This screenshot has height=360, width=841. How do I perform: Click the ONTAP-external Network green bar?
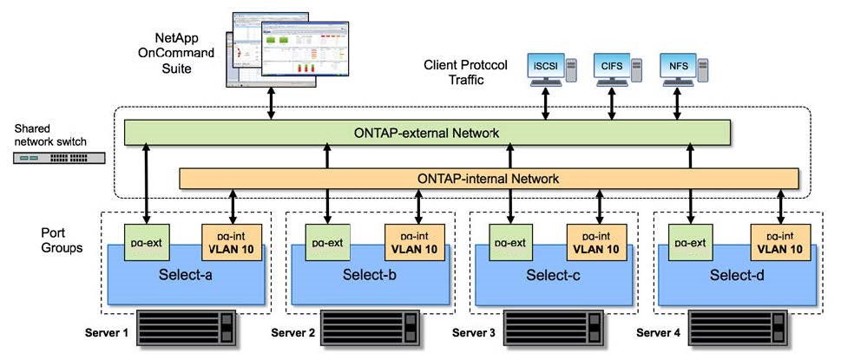(426, 133)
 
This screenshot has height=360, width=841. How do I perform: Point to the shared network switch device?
(60, 158)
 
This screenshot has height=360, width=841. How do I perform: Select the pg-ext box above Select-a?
(145, 241)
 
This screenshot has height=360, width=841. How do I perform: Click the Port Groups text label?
(63, 240)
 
